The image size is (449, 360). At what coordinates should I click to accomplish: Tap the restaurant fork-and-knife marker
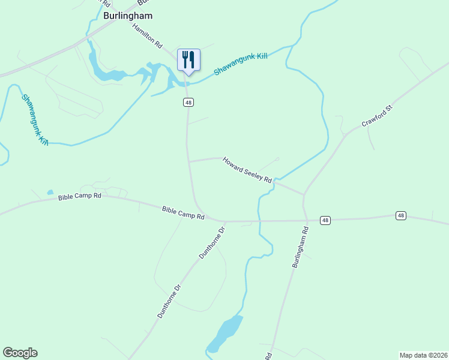188,60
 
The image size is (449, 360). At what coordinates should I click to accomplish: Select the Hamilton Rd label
148,37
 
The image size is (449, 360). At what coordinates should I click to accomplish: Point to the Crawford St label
376,115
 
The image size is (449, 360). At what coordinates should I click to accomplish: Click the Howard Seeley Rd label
247,170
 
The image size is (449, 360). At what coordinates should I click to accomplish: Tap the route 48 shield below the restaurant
188,103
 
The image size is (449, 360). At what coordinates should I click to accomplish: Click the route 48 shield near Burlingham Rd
325,220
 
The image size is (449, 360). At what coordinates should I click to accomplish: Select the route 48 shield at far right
401,215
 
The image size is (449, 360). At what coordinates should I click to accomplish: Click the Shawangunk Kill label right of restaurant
240,64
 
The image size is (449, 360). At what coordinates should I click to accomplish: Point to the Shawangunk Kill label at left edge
34,119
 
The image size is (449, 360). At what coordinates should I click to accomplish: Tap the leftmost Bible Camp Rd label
80,196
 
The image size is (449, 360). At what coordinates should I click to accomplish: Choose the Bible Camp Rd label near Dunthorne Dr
183,212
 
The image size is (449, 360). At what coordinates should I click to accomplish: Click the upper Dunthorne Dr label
212,242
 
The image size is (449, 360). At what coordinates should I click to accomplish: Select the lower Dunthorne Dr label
169,300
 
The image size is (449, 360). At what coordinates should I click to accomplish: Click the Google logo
20,353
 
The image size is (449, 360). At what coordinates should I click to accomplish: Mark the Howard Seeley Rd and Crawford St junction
304,194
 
